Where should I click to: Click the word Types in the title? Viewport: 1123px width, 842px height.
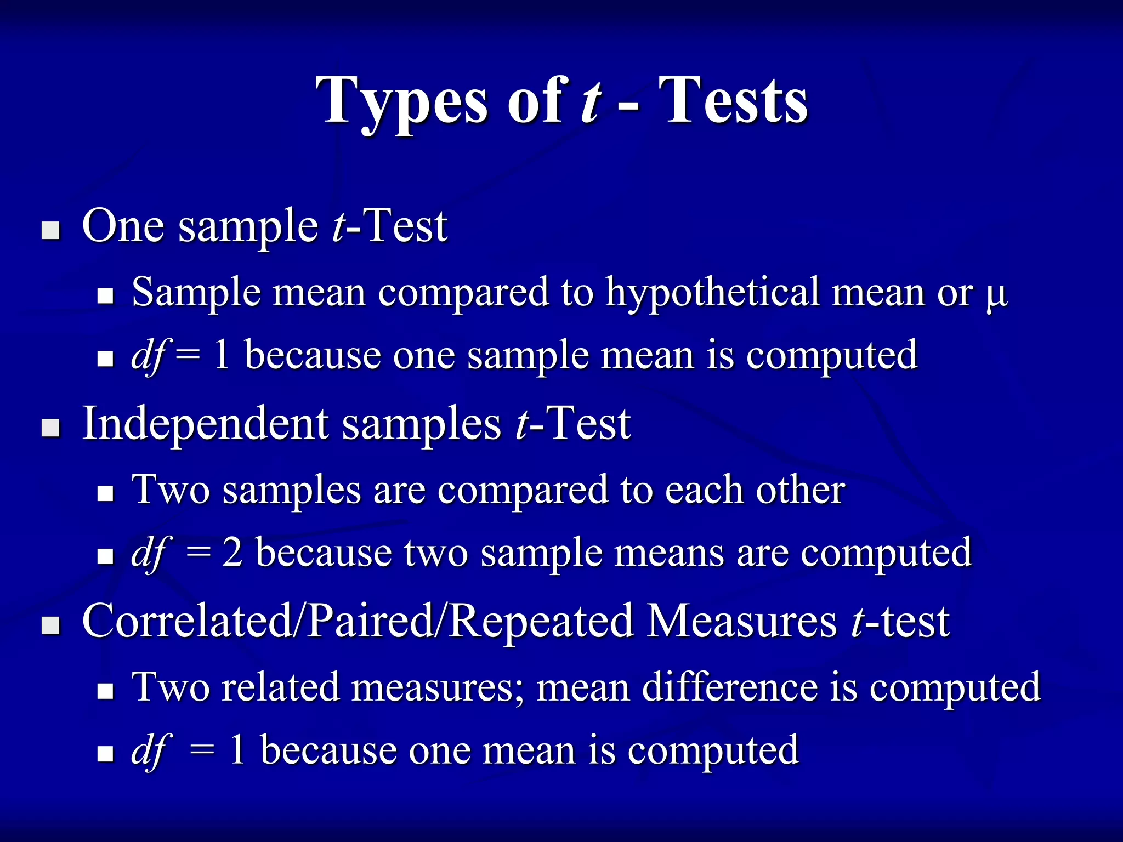[x=401, y=101]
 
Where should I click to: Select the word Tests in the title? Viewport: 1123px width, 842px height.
[x=735, y=101]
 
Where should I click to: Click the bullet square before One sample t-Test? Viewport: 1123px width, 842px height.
[x=51, y=230]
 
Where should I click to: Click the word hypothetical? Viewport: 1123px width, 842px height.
[x=712, y=292]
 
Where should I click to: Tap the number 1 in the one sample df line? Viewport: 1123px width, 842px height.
[x=222, y=355]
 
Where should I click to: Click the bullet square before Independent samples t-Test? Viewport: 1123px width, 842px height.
[x=51, y=428]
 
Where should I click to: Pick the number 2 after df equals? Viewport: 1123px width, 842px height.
[x=232, y=553]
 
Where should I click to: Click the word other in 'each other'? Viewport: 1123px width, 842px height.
[x=800, y=490]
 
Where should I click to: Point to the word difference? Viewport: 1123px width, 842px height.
[x=730, y=687]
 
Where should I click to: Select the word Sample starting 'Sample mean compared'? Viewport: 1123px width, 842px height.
[x=195, y=292]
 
